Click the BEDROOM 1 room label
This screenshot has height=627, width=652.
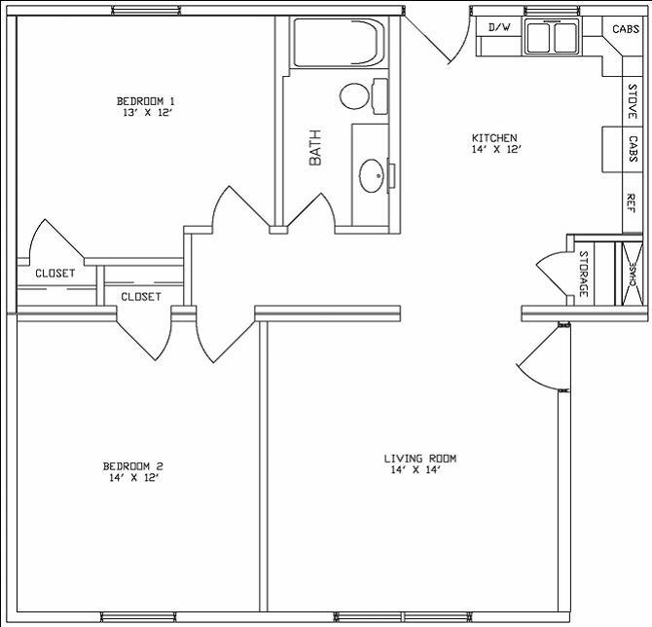click(x=145, y=100)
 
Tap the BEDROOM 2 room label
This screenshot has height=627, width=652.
click(x=132, y=464)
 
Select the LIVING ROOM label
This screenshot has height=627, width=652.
click(x=419, y=458)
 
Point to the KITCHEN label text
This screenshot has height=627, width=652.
click(x=494, y=137)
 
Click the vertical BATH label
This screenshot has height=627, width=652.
click(x=315, y=147)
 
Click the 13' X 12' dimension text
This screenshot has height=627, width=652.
click(x=147, y=113)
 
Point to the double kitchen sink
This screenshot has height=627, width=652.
click(x=552, y=37)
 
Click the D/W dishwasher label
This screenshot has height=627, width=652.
click(x=499, y=27)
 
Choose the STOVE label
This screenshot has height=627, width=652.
click(x=632, y=101)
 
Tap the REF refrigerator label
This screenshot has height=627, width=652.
click(x=632, y=203)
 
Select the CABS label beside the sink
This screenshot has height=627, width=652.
click(x=626, y=29)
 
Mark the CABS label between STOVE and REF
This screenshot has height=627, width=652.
click(x=632, y=149)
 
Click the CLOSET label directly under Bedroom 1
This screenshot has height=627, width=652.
click(x=54, y=274)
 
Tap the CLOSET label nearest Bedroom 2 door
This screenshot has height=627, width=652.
click(x=140, y=296)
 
